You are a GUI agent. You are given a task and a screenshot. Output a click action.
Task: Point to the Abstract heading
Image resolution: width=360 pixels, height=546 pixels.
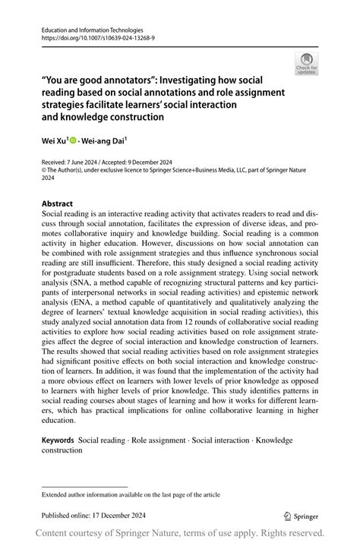(58, 204)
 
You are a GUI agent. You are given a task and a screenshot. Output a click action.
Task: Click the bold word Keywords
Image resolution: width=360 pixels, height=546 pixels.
(58, 440)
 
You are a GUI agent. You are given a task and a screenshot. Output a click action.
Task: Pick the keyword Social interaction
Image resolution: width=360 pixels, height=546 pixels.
(221, 440)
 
